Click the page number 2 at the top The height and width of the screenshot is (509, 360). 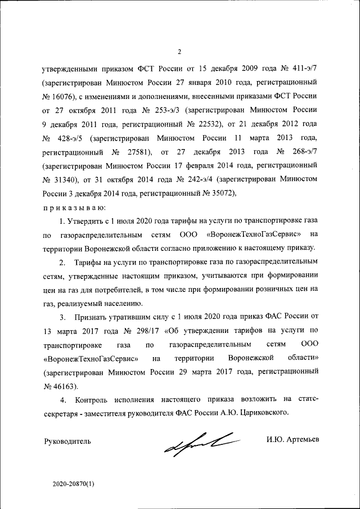point(179,53)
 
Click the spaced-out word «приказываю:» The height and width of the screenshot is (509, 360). point(70,206)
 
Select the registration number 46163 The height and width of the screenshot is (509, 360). point(64,385)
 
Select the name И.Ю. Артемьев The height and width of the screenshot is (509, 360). point(292,439)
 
